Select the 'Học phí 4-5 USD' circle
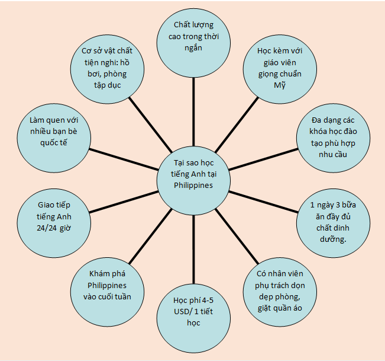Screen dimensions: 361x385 click(193, 311)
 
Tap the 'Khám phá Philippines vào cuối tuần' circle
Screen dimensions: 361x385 click(106, 285)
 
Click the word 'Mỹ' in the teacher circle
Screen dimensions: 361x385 click(279, 85)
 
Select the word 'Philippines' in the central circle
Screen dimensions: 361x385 click(193, 184)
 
